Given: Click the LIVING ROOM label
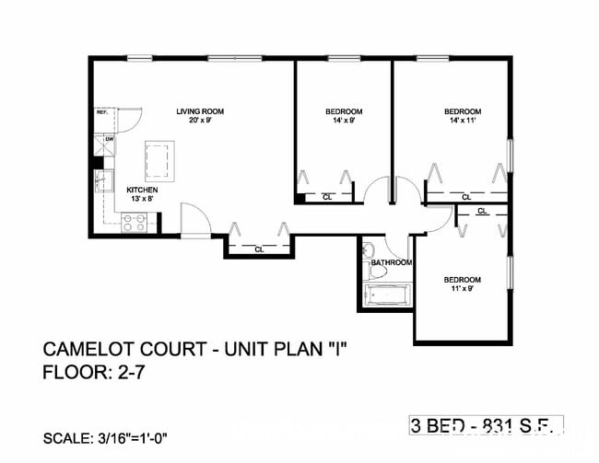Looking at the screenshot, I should pyautogui.click(x=200, y=111).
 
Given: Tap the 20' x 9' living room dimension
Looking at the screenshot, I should pyautogui.click(x=200, y=121).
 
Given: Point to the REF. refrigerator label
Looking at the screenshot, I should pyautogui.click(x=102, y=112).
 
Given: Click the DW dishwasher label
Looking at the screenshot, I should pyautogui.click(x=108, y=140).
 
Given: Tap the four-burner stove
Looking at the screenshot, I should pyautogui.click(x=136, y=222).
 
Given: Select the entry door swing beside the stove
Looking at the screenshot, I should pyautogui.click(x=196, y=219).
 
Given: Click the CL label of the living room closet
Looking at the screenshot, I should pyautogui.click(x=259, y=249).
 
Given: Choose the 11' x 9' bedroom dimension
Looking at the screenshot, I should pyautogui.click(x=462, y=289).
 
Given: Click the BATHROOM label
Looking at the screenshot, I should pyautogui.click(x=390, y=262).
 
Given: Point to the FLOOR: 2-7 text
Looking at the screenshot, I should pyautogui.click(x=95, y=373).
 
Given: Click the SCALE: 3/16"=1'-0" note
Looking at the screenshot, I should pyautogui.click(x=105, y=437).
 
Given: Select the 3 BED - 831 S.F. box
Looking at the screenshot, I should pyautogui.click(x=486, y=425).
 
